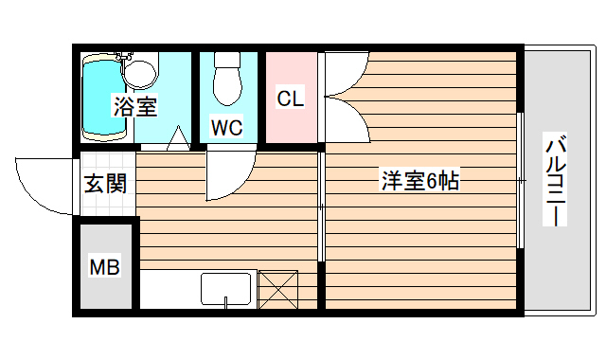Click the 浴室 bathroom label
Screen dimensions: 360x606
(x=135, y=106)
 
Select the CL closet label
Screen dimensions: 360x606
(x=290, y=98)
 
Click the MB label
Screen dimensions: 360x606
(x=105, y=268)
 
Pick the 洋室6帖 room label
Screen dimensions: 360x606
(x=419, y=181)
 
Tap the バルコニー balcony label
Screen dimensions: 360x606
(x=556, y=181)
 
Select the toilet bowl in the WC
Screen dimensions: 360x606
(x=227, y=80)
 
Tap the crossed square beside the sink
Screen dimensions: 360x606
(x=278, y=289)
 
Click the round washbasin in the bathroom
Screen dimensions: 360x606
(x=141, y=71)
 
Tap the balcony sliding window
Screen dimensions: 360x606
(x=521, y=180)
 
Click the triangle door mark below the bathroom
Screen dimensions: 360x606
(x=176, y=141)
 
